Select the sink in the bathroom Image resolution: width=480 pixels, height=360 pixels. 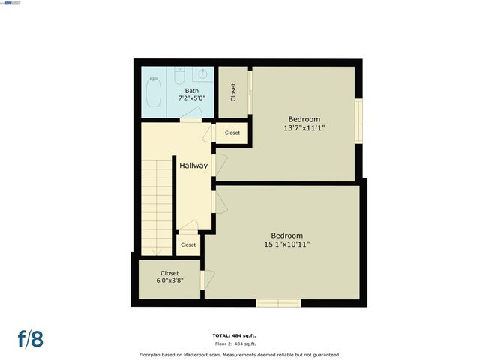202,74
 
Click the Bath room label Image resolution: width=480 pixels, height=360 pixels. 192,91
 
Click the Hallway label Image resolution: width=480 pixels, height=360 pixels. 193,166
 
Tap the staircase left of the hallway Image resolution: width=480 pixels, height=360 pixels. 157,210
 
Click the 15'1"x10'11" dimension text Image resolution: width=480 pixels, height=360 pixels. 286,244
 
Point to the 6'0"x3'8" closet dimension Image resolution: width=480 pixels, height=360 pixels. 169,281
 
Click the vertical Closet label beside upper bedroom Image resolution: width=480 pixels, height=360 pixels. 233,92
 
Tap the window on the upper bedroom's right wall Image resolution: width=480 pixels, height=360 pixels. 358,120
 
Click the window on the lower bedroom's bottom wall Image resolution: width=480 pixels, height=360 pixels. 278,303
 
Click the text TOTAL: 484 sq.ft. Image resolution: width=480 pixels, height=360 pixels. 240,335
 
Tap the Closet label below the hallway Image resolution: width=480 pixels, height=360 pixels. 187,244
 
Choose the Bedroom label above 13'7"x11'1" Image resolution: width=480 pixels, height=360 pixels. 304,119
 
